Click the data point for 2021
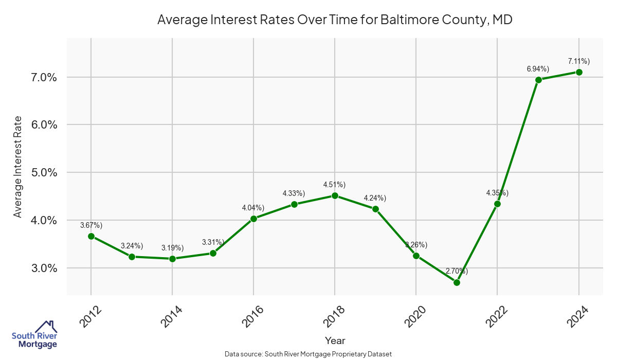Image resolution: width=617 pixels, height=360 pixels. click(457, 282)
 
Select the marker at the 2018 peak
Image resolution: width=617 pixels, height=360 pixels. click(335, 195)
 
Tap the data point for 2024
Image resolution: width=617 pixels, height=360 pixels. click(579, 72)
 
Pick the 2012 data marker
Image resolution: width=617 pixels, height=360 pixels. click(91, 236)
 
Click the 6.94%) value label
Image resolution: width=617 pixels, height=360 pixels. click(538, 68)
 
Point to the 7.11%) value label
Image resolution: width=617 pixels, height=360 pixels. click(578, 61)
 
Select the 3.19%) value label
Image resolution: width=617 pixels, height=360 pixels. click(172, 248)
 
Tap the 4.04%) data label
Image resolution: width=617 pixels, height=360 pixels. click(253, 208)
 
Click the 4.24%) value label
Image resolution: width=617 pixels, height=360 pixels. click(375, 198)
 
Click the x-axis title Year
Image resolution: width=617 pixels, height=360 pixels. click(335, 340)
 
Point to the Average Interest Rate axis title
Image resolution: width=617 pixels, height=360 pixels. click(18, 167)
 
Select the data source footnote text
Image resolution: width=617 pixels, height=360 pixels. click(308, 354)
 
